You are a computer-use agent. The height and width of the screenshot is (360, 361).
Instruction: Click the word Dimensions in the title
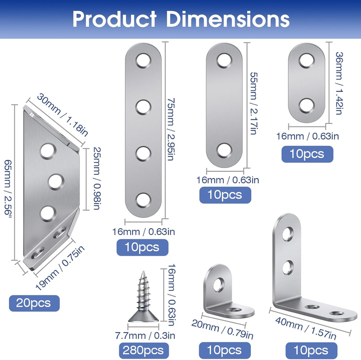pos(228,19)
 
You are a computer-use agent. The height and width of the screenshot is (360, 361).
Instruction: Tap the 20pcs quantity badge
pos(34,303)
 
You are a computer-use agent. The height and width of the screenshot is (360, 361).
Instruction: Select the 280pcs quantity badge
pos(143,351)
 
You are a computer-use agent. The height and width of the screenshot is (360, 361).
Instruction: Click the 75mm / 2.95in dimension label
pos(171,129)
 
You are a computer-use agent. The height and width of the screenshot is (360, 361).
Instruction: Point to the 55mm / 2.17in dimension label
pos(254,103)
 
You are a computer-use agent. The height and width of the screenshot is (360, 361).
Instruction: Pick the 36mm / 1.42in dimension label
pos(339,83)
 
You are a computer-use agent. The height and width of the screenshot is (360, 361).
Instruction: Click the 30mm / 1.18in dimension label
pos(62,115)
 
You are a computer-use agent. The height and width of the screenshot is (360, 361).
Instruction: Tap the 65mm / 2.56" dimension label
pos(8,187)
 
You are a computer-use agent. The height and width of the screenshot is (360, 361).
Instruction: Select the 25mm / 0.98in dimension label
pos(97,178)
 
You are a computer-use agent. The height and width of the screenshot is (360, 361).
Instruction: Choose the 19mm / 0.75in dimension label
pos(60,267)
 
